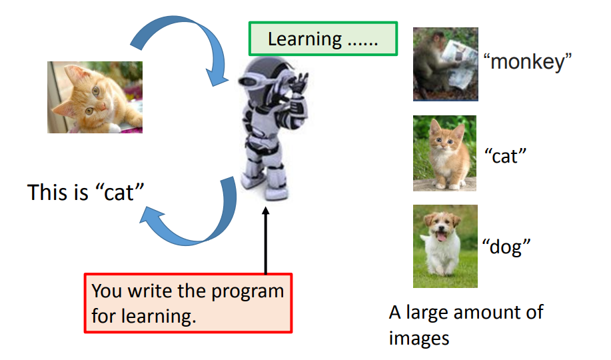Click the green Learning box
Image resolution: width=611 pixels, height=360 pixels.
(x=322, y=39)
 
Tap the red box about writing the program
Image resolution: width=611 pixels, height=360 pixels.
(x=188, y=303)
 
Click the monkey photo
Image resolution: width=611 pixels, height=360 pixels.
(x=445, y=64)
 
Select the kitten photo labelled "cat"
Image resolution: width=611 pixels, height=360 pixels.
(x=444, y=153)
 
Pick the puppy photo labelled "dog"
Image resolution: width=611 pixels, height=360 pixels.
(x=444, y=246)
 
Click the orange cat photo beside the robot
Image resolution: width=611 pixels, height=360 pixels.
(x=95, y=97)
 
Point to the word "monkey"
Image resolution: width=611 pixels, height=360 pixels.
(x=528, y=63)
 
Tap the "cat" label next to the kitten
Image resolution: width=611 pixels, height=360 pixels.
(x=506, y=157)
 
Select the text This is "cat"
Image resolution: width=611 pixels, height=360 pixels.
(x=87, y=193)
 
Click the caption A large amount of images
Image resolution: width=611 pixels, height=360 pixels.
(x=466, y=324)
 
